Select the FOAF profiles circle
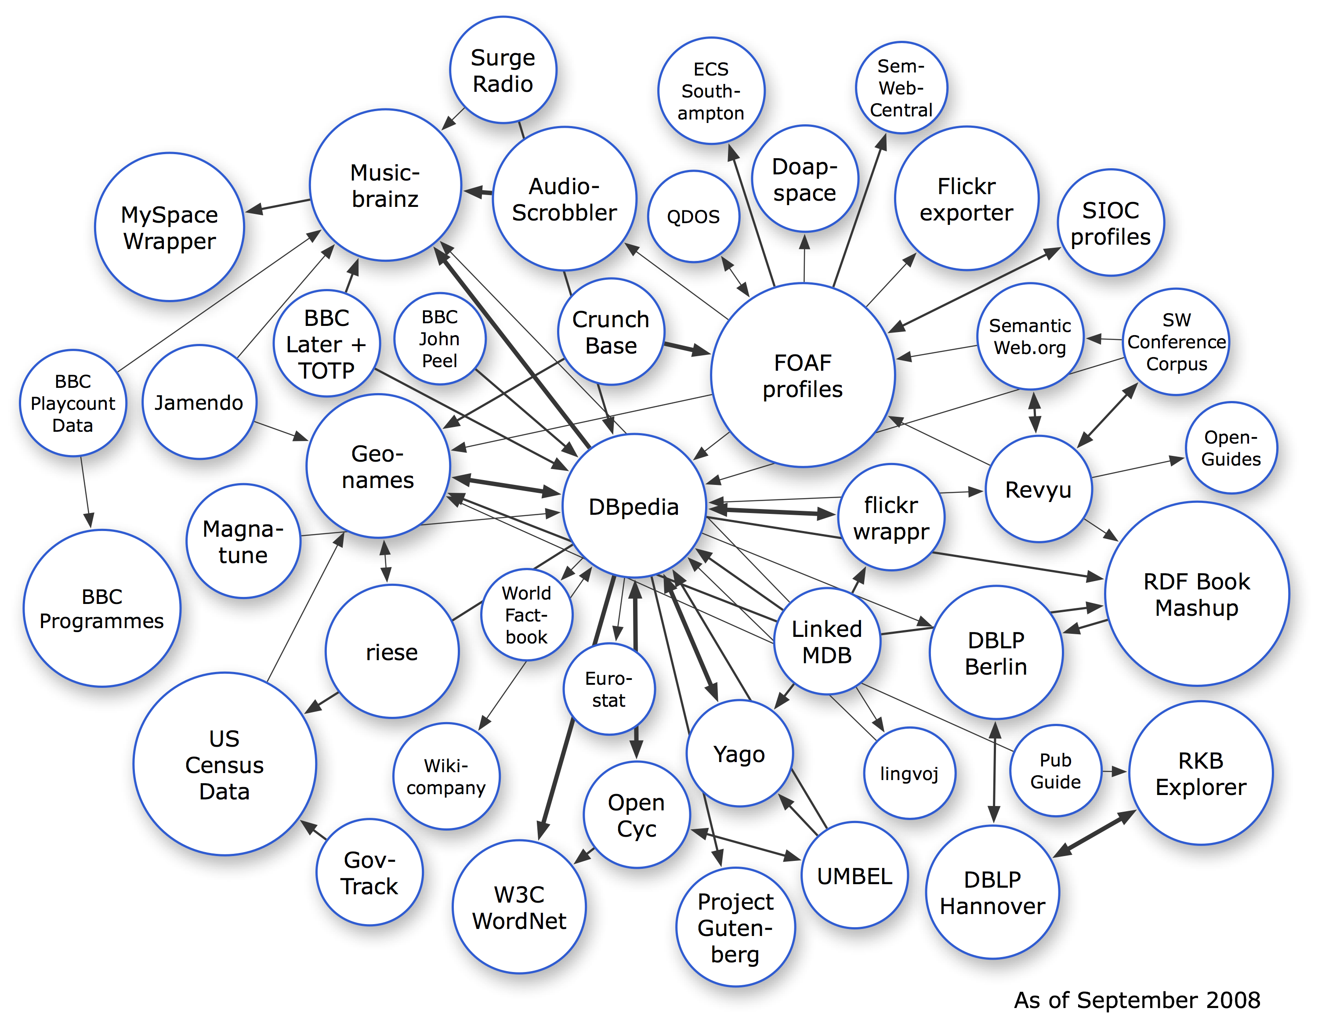[x=803, y=375]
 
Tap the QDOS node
[x=693, y=216]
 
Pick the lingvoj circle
[x=909, y=773]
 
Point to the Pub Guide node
[x=1055, y=770]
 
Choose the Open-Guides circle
[x=1231, y=448]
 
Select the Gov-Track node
[x=369, y=872]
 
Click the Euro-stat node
[x=609, y=689]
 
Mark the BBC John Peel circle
[x=439, y=339]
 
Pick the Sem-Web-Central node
[x=901, y=87]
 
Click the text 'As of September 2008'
[x=1137, y=1000]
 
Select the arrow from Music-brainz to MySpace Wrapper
[x=278, y=206]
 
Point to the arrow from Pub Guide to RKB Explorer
[x=1114, y=771]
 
